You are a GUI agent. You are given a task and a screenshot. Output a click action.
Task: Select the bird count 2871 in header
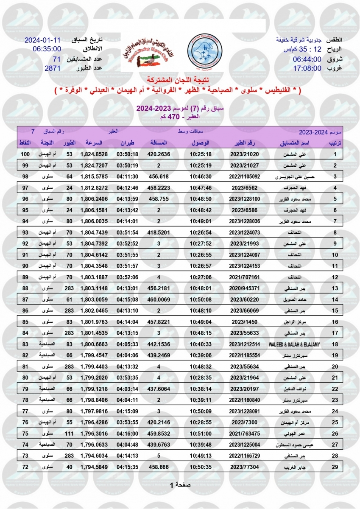53,68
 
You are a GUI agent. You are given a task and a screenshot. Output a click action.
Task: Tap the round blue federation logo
207,53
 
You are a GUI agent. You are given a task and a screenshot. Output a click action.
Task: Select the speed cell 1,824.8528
94,154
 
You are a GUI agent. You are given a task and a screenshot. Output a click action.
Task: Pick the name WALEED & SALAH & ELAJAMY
294,344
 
